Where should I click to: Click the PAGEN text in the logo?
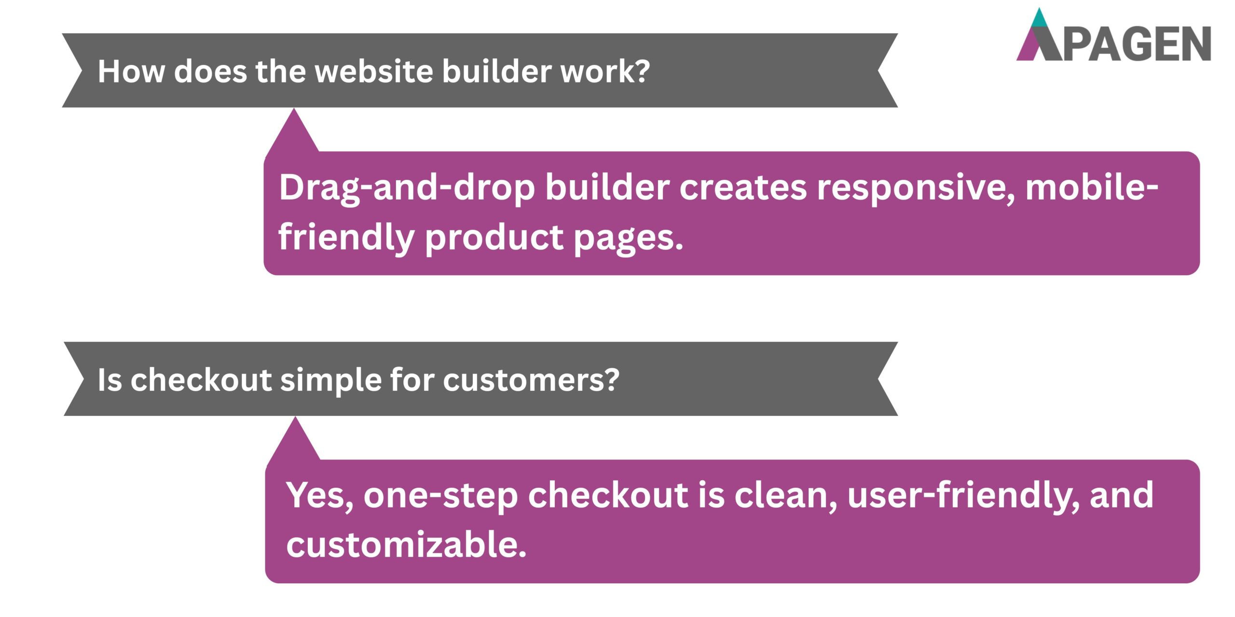[x=1136, y=44]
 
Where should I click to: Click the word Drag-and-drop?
[x=407, y=188]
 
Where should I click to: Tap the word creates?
[x=742, y=188]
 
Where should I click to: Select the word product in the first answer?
[x=494, y=237]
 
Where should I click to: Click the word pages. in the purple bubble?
[x=628, y=238]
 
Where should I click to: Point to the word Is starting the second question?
[x=110, y=380]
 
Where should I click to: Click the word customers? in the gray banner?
[x=531, y=380]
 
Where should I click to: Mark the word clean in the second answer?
[x=785, y=496]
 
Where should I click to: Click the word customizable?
[x=406, y=545]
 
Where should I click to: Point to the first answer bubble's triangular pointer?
[x=293, y=133]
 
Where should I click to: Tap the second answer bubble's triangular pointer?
[x=294, y=441]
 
